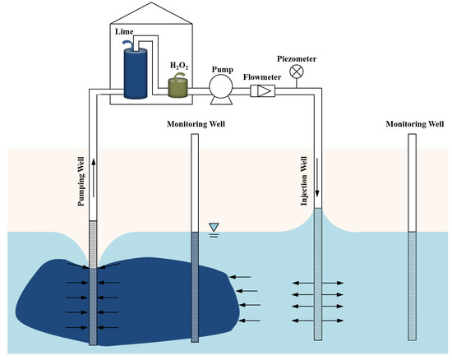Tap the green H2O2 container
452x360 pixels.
[x=179, y=88]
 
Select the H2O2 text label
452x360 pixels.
[x=179, y=65]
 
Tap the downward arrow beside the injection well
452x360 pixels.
[x=317, y=196]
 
